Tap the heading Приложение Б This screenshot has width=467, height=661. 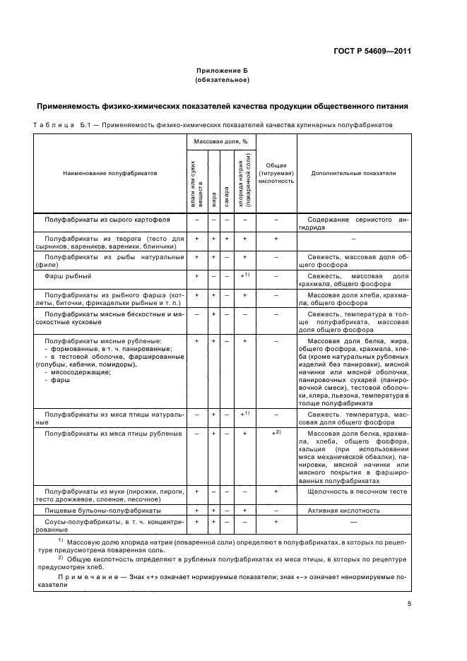point(222,71)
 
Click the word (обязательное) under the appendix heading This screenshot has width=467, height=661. point(222,80)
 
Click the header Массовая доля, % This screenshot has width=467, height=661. point(220,141)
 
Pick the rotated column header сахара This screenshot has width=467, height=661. point(227,192)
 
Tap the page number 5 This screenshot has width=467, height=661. point(409,604)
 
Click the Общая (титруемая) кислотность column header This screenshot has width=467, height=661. point(276,172)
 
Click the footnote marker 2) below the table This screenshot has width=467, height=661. point(61,557)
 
